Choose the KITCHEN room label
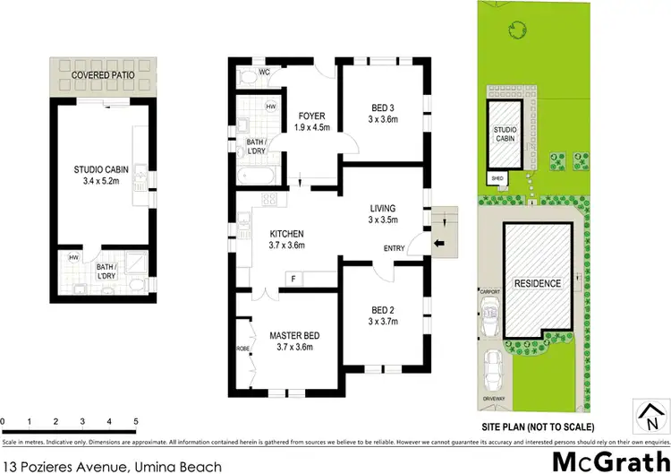coord(287,238)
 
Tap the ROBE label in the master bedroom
coord(242,348)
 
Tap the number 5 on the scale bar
coord(135,420)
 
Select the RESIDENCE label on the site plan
coord(537,283)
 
